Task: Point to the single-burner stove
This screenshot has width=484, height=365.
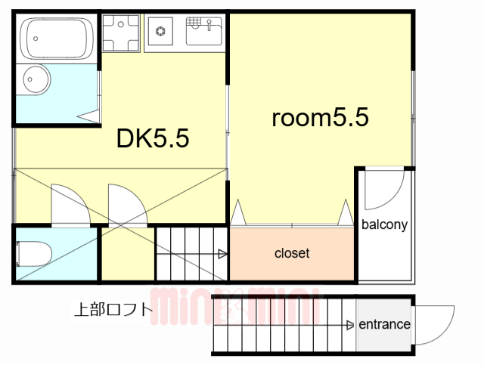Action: click(x=160, y=32)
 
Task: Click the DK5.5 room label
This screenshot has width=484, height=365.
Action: click(x=152, y=138)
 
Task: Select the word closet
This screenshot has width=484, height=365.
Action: click(x=292, y=254)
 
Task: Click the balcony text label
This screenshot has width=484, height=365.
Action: click(x=385, y=224)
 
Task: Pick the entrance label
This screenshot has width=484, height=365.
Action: click(x=384, y=325)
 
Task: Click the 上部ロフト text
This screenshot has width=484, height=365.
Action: click(x=113, y=309)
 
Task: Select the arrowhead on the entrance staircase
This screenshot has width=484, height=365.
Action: click(x=349, y=326)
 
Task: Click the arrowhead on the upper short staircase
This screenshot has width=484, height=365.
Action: click(x=222, y=254)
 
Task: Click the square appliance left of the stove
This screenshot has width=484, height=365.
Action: click(x=120, y=32)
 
